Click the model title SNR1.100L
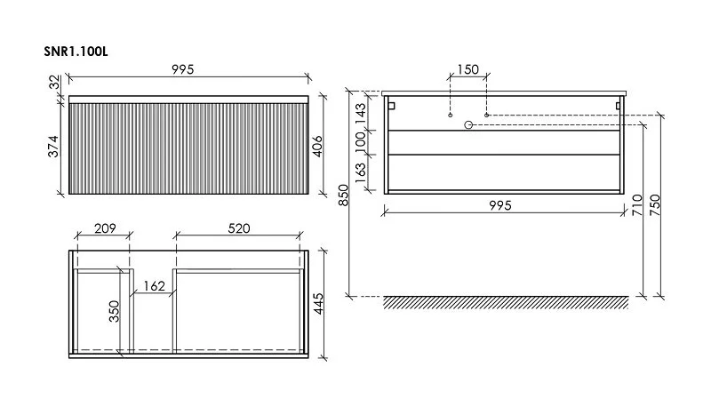(76, 52)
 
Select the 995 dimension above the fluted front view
(183, 69)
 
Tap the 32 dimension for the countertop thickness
(54, 83)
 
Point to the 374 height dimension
(53, 147)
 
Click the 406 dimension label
(317, 147)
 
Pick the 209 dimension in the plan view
(105, 228)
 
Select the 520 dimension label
(238, 228)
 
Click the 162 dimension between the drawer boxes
(154, 286)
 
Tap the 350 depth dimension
(114, 311)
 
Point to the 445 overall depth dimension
(318, 303)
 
